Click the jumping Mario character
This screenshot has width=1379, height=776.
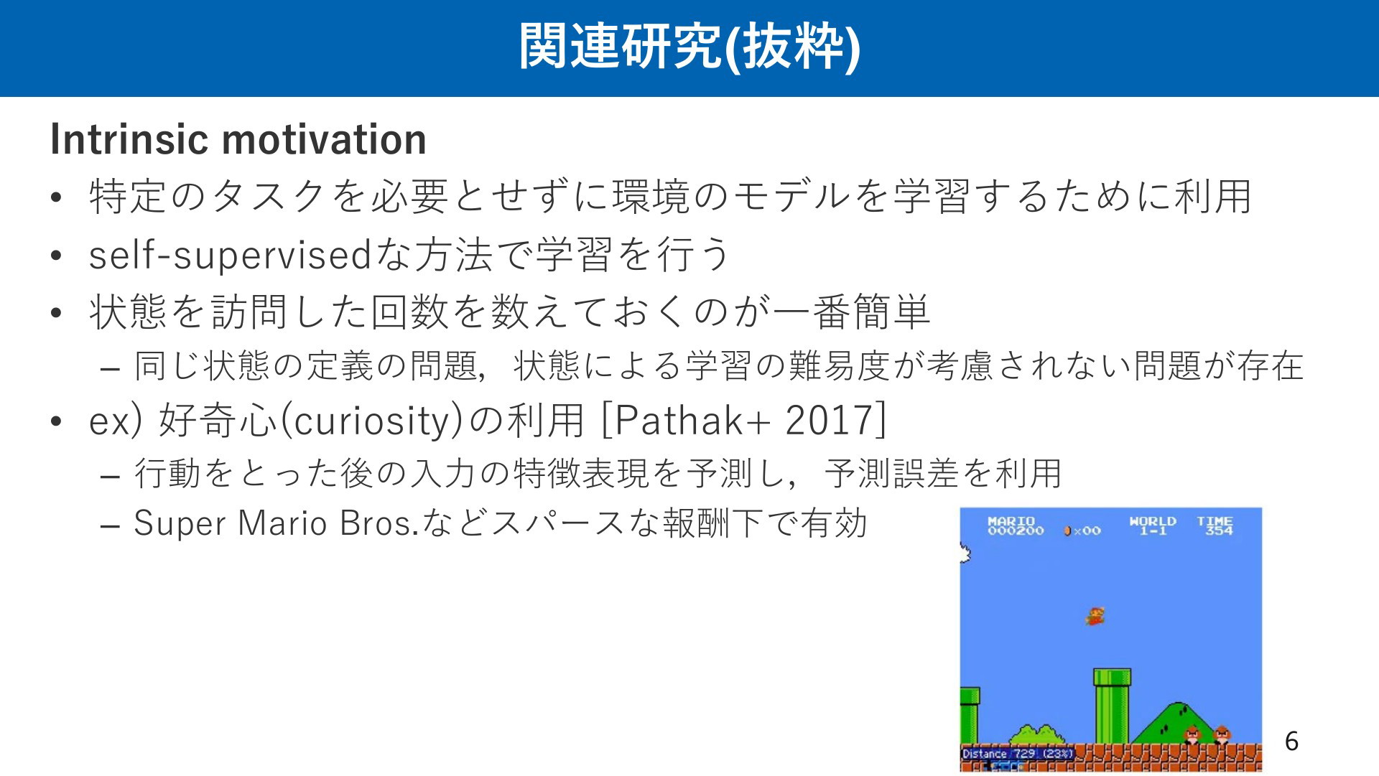[x=1095, y=616]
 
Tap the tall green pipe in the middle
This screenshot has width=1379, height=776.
[x=1112, y=706]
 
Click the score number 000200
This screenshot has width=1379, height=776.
[x=1016, y=531]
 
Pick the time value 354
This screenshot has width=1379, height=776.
[x=1219, y=531]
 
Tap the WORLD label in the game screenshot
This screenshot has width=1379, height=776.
[x=1153, y=521]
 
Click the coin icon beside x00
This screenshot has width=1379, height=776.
[x=1068, y=531]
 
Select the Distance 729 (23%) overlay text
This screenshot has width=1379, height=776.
[x=1018, y=754]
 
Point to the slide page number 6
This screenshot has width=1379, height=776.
[x=1291, y=741]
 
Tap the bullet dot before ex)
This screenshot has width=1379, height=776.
[x=57, y=421]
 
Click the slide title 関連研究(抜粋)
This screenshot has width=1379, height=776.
[x=689, y=47]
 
